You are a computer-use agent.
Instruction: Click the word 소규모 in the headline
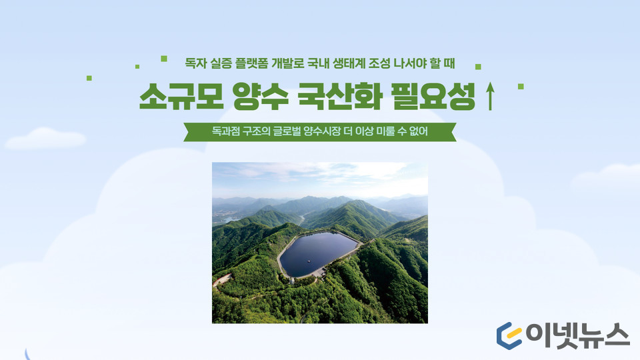click(x=181, y=96)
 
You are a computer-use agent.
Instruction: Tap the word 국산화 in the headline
click(x=340, y=96)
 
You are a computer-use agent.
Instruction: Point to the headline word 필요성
click(x=433, y=96)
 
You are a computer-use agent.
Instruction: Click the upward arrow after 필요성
click(x=490, y=96)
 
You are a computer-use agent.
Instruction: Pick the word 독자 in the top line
click(x=195, y=63)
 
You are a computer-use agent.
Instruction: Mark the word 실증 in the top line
click(x=221, y=63)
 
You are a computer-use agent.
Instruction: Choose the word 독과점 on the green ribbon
click(x=225, y=131)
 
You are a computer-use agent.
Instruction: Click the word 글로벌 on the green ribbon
click(x=287, y=131)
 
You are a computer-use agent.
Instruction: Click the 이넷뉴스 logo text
click(x=577, y=336)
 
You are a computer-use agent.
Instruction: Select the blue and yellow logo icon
click(x=509, y=336)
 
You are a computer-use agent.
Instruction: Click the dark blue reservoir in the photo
click(x=319, y=253)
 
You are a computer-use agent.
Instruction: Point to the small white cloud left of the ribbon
click(x=45, y=139)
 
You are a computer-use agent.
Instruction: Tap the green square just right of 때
click(x=478, y=67)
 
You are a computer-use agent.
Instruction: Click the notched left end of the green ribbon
click(x=188, y=132)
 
